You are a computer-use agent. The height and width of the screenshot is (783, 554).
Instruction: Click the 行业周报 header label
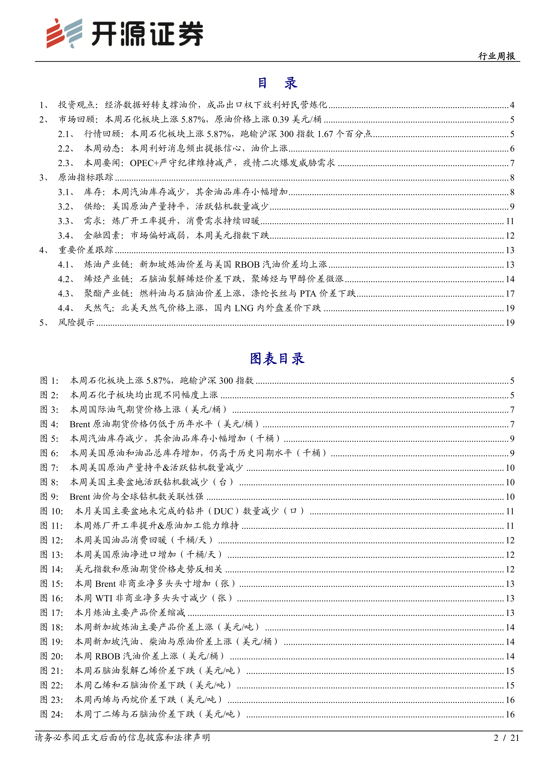click(496, 56)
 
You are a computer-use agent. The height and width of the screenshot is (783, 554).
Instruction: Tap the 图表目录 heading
click(277, 359)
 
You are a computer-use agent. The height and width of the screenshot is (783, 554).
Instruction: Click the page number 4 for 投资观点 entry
click(512, 105)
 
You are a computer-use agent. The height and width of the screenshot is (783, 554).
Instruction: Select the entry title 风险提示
click(76, 323)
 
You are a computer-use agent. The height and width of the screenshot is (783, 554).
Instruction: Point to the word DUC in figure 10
click(223, 511)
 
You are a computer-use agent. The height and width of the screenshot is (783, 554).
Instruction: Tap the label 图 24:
click(52, 714)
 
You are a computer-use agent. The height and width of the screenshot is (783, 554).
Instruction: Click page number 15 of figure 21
click(510, 671)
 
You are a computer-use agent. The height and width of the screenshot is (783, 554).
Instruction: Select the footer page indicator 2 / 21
click(506, 738)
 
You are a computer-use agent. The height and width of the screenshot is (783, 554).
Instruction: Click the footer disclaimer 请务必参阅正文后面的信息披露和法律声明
click(122, 738)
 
